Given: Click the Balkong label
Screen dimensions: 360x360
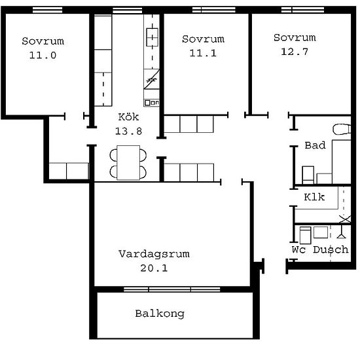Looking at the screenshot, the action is point(160,314).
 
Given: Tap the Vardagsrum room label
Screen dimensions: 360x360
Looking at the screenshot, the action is point(154,254).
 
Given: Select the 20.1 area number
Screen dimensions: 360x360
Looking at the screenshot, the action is point(154,268).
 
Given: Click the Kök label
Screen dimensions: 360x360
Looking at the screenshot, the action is point(128,117).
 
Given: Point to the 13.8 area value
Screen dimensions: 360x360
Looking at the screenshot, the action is point(128,132).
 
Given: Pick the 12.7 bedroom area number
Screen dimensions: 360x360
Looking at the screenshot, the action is point(295,52).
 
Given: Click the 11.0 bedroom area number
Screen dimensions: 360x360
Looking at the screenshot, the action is point(43,56).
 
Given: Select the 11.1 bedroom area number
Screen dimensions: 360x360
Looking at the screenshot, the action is point(203,53).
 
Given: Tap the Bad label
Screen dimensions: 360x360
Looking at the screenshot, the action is point(315,145).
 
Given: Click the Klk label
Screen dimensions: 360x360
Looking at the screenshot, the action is point(314,197).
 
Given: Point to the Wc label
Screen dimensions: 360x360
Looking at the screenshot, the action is point(298,249).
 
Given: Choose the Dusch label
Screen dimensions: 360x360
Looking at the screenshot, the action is point(331,249).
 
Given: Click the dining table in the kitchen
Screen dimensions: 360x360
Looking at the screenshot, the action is point(128,162).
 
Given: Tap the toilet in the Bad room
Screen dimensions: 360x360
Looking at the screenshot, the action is point(342,130).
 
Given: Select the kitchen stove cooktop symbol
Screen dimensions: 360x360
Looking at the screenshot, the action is point(152,37).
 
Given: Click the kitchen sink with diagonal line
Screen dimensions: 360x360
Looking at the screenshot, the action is point(152,79).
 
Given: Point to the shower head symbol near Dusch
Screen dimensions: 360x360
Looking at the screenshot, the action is point(342,232).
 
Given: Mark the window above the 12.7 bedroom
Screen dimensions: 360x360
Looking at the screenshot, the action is point(303,10).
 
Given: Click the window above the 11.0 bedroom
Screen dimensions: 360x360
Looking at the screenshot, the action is point(48,10).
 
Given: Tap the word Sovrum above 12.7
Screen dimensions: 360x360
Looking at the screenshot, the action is point(295,37).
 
